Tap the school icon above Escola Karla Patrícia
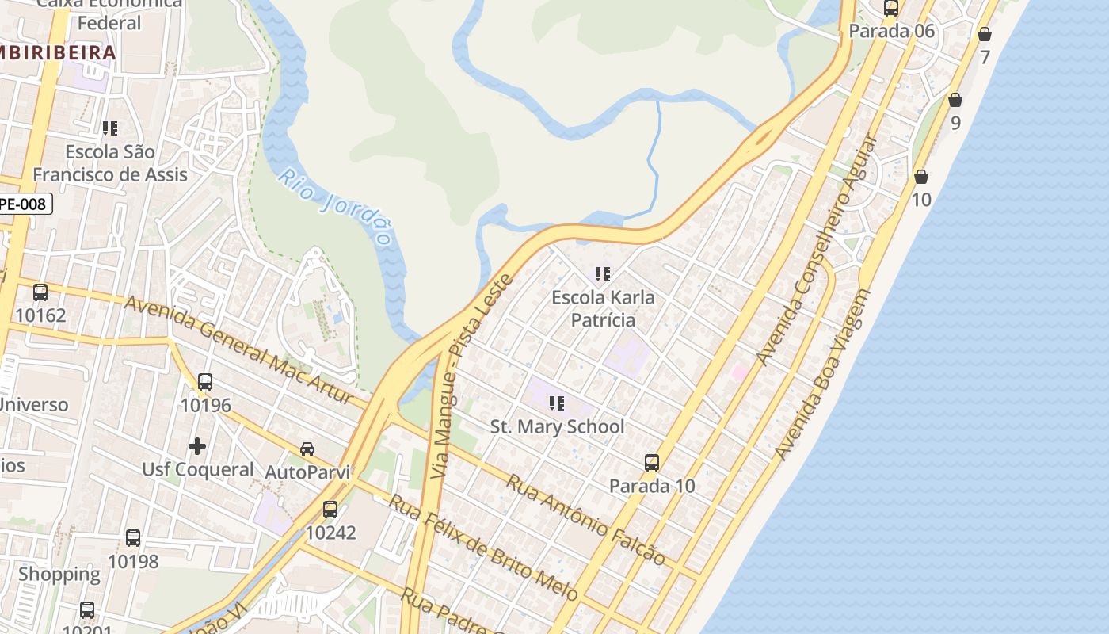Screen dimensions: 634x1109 [603, 274]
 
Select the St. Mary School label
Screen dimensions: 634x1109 [557, 426]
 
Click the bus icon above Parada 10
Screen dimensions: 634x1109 [652, 462]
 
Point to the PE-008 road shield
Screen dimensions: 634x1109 [25, 204]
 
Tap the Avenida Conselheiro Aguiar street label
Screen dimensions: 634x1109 [817, 250]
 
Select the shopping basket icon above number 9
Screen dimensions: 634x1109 [955, 100]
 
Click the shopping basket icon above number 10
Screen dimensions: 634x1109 [921, 176]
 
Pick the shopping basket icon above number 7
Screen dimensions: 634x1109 [985, 34]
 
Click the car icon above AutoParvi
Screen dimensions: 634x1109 [307, 449]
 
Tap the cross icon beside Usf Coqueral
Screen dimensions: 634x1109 [197, 446]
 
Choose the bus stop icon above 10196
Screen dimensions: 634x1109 [205, 382]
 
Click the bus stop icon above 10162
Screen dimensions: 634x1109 [40, 292]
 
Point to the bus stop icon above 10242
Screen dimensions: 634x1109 [330, 509]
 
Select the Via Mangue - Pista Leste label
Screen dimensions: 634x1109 [471, 376]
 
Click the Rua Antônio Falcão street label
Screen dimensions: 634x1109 [585, 519]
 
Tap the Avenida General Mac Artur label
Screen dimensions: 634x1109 [238, 349]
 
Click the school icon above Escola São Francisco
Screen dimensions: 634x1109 [110, 128]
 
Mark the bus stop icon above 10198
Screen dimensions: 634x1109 [133, 538]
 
